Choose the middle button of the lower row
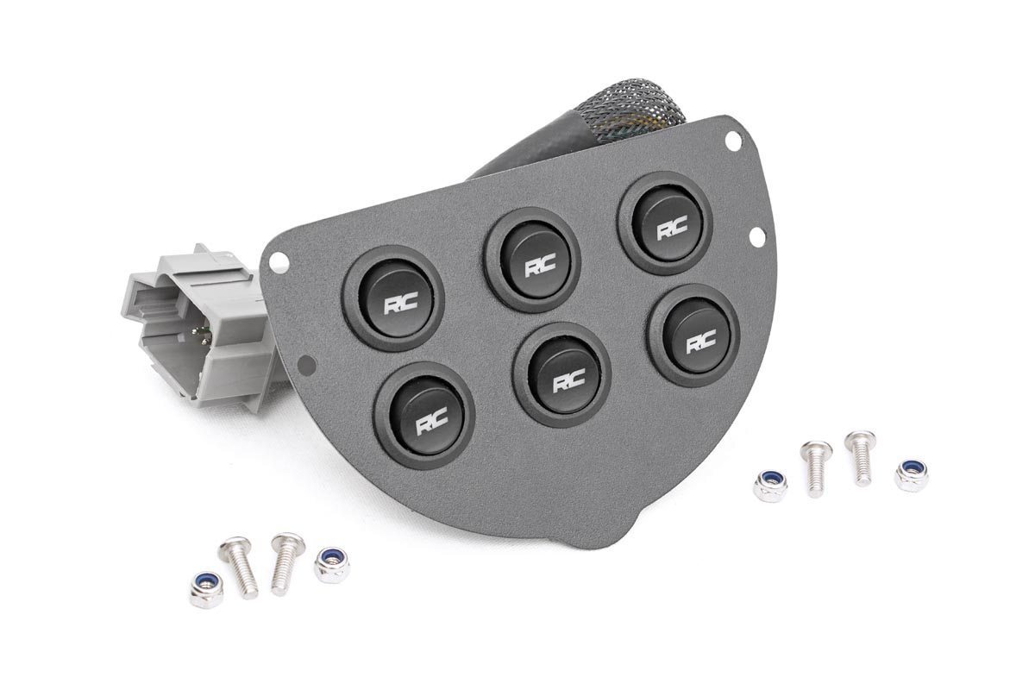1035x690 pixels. pos(561,372)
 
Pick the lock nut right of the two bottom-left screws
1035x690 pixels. pos(331,564)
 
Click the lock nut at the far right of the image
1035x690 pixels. pos(910,474)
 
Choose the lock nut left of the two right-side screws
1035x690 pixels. pos(769,486)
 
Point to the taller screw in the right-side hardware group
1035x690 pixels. pos(860,457)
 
